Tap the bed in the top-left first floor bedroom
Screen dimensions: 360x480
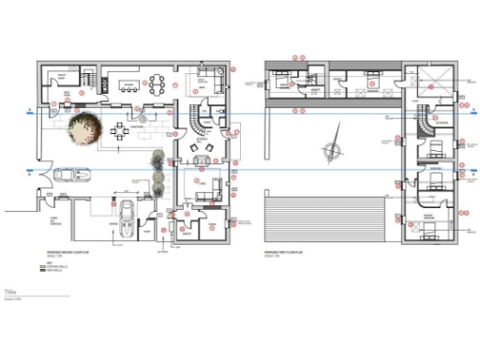[281, 81]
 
